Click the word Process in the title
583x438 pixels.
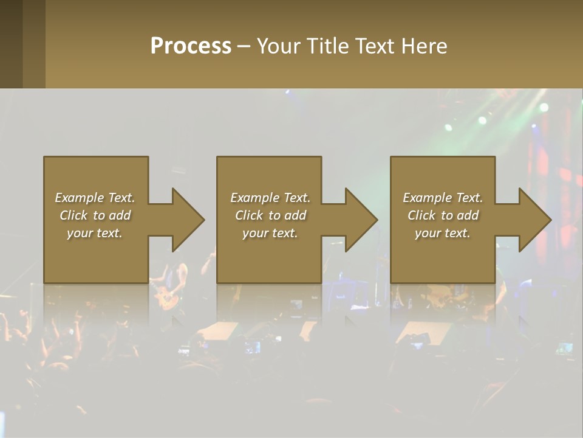[x=191, y=46]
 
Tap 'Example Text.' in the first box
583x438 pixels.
[x=95, y=198]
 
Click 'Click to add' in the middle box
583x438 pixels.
[x=270, y=215]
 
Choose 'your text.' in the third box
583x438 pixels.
[x=442, y=233]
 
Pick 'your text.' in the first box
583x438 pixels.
[x=95, y=233]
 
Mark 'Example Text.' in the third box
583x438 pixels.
[x=443, y=198]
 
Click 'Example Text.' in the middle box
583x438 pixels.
[x=270, y=198]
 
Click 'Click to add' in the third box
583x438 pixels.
[x=443, y=215]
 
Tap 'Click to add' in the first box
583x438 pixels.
[x=95, y=215]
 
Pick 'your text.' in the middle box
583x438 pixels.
[x=270, y=233]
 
